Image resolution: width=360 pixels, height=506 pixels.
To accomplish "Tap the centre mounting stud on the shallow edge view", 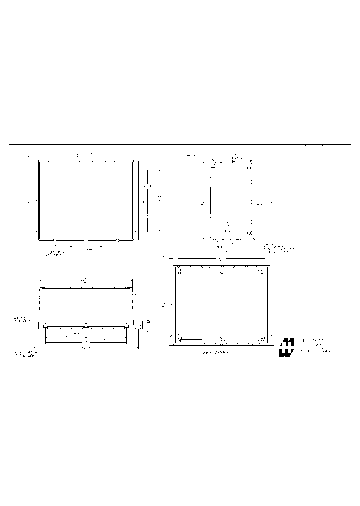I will pyautogui.click(x=86, y=324).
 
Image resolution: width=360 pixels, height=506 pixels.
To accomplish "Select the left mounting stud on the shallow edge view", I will pyautogui.click(x=46, y=324).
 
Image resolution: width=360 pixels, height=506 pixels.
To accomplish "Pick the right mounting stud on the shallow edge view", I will pyautogui.click(x=127, y=324).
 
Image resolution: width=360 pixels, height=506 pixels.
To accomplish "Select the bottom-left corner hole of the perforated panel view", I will pyautogui.click(x=180, y=338).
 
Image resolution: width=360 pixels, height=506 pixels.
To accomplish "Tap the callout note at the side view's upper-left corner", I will pyautogui.click(x=192, y=156).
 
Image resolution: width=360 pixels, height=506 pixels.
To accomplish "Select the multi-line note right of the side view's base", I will pyautogui.click(x=278, y=248).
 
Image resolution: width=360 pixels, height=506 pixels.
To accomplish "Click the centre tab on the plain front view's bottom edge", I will pyautogui.click(x=86, y=241).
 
